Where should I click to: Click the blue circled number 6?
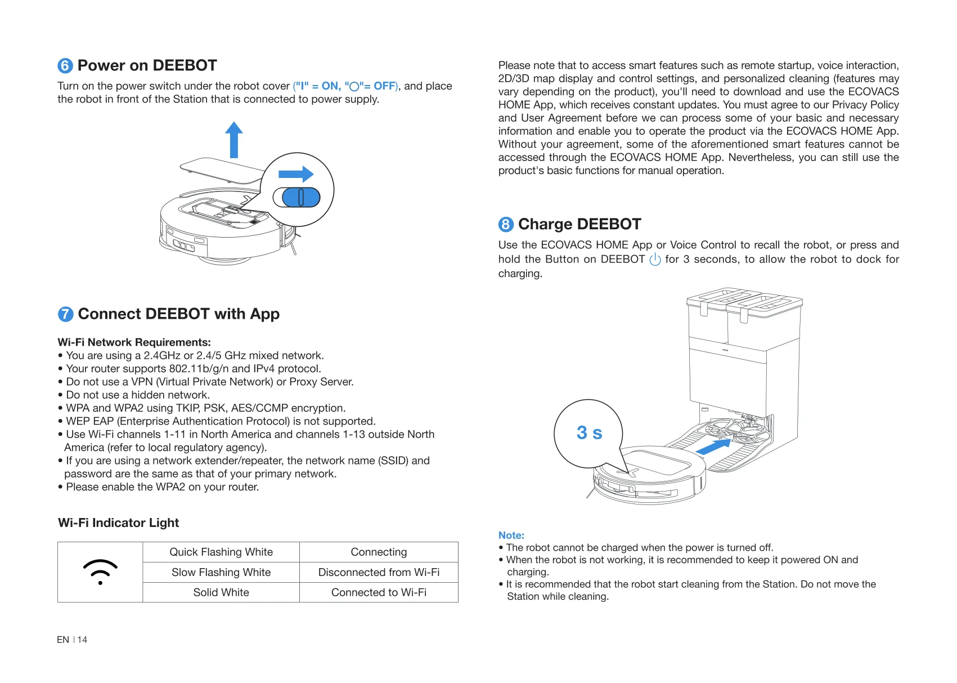click(x=65, y=66)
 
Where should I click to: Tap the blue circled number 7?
click(x=66, y=314)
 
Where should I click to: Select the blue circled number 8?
click(x=506, y=225)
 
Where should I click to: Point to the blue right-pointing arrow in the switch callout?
click(x=296, y=174)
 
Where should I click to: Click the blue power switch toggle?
click(x=301, y=197)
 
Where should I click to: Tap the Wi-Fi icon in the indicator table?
click(x=100, y=572)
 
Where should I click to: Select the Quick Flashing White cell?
click(x=221, y=552)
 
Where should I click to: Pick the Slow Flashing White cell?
click(x=221, y=572)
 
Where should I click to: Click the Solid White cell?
click(x=221, y=592)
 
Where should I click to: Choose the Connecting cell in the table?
click(x=379, y=552)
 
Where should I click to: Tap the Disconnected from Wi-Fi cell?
click(x=379, y=572)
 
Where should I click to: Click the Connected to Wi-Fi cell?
click(x=379, y=592)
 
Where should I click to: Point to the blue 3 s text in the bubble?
click(x=589, y=432)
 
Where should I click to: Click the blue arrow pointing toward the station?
click(x=713, y=447)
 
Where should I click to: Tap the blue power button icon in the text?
click(x=655, y=259)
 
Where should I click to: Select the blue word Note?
click(x=511, y=535)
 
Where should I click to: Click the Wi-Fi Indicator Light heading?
click(x=118, y=523)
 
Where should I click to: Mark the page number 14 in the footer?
click(x=82, y=640)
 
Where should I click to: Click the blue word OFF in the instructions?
click(x=384, y=86)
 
